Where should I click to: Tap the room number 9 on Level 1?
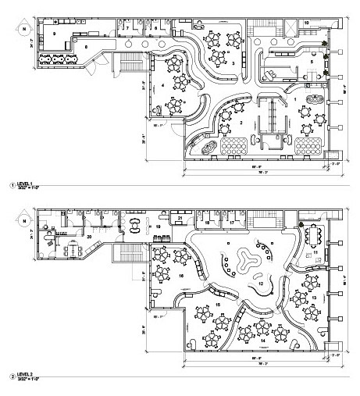click(55, 34)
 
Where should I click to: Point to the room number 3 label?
click(231, 60)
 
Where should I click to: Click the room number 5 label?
click(312, 60)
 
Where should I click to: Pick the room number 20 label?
click(90, 235)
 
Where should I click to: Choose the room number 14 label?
click(262, 341)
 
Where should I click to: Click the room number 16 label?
click(180, 276)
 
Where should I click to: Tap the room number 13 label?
click(314, 298)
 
